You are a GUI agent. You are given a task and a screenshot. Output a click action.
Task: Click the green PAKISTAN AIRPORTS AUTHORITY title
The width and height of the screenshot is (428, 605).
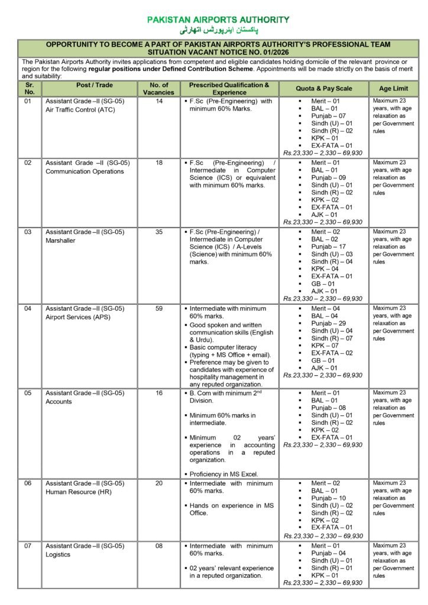(x=218, y=20)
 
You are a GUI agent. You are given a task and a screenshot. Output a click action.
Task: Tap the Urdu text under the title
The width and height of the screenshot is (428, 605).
(x=219, y=30)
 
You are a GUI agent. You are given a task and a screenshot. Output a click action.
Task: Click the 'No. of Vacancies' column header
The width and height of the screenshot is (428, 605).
(x=158, y=89)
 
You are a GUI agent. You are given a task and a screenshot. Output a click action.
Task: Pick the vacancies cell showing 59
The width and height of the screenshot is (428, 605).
(x=158, y=308)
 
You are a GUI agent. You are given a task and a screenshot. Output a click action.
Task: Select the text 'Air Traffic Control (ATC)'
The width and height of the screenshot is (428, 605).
(x=81, y=110)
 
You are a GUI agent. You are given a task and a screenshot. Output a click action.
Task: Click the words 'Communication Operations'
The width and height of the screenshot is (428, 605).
(x=85, y=171)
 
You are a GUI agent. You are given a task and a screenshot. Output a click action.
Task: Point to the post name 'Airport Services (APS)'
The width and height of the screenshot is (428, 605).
(x=78, y=317)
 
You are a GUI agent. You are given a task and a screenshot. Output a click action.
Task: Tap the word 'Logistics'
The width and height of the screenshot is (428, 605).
(x=59, y=554)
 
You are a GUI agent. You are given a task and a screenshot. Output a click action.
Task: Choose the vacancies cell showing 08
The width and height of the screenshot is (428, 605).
(x=158, y=546)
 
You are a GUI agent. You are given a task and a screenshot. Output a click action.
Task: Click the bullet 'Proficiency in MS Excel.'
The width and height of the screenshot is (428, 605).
(x=224, y=474)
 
